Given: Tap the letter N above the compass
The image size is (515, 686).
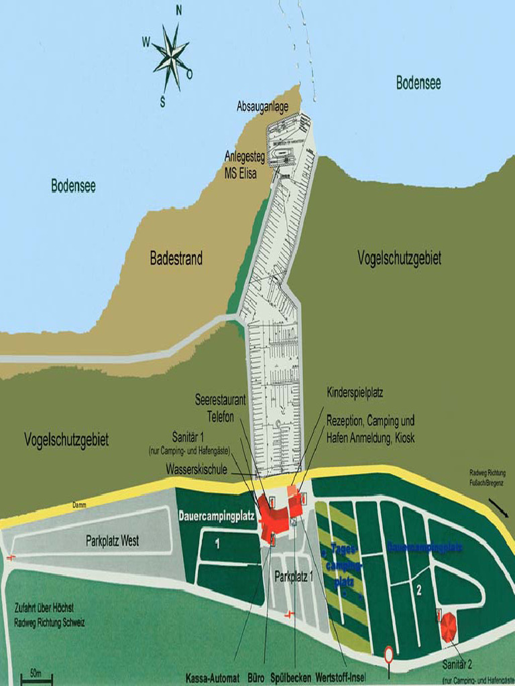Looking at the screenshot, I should click(178, 9).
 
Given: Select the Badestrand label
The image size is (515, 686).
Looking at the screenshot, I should click(176, 259).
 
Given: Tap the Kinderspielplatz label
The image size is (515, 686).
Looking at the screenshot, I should click(355, 392).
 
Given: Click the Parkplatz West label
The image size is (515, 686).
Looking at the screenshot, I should click(112, 541).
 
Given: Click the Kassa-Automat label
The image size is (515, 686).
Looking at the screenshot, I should click(212, 678).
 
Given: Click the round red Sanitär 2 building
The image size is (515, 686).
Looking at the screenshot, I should click(449, 627).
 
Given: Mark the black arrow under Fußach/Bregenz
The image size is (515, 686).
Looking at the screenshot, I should click(499, 508).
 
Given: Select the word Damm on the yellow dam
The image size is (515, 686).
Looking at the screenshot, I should click(79, 504).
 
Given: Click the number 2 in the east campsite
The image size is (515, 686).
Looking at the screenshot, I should click(418, 590).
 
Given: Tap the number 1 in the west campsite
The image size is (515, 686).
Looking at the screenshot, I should click(217, 544).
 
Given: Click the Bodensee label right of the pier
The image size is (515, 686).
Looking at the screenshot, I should click(418, 82).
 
